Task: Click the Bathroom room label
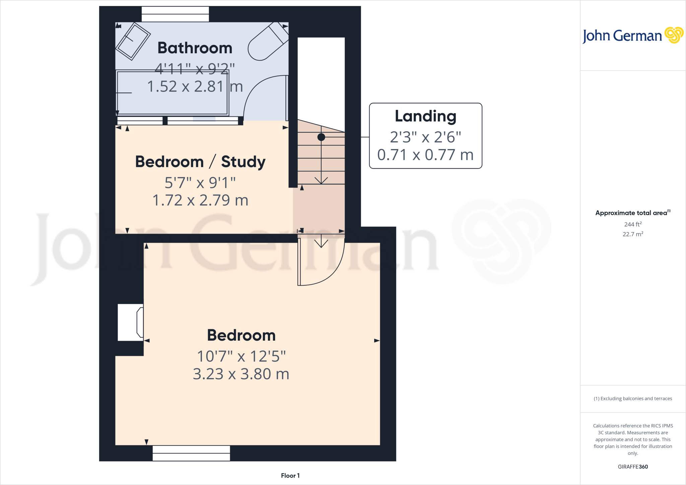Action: coord(195,48)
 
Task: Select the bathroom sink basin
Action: coord(133,41)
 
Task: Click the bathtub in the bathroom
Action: coord(172,93)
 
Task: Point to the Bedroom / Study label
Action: coord(200,162)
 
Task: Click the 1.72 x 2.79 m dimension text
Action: coord(200,200)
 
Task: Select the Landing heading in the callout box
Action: coord(425,116)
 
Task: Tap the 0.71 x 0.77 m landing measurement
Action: coord(425,155)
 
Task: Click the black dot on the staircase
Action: coord(321,137)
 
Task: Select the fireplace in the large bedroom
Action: coord(131,322)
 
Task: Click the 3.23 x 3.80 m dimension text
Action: coord(241,374)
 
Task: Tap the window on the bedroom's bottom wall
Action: coord(191,453)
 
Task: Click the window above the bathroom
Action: coord(175,14)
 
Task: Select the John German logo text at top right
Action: coord(622,36)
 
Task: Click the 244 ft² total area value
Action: coord(633,224)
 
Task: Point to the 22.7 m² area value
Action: coord(633,234)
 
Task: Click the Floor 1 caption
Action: coord(290,476)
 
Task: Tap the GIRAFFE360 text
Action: coord(633,467)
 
